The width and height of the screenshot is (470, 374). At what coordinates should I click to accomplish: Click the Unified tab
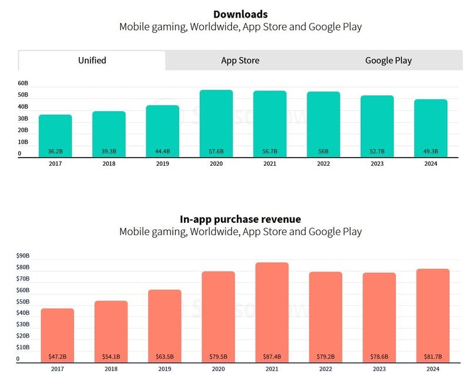click(92, 60)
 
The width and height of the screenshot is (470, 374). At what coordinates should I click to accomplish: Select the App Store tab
click(240, 60)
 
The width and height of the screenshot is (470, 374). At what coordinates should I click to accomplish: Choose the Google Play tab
click(388, 60)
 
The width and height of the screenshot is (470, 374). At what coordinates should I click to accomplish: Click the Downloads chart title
click(240, 14)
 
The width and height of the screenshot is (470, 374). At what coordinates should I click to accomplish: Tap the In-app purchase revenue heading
click(240, 219)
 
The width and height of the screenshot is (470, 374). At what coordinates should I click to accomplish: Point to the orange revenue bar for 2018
click(111, 329)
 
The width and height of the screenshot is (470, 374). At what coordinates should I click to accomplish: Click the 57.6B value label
click(216, 152)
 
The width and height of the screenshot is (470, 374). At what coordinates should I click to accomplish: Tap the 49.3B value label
click(431, 152)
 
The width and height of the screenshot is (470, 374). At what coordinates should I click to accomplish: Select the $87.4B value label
click(272, 356)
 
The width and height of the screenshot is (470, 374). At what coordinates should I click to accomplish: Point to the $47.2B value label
click(58, 356)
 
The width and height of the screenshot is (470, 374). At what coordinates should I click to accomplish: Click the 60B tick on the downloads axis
click(23, 84)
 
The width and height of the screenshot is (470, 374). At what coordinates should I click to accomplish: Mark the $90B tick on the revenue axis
click(23, 256)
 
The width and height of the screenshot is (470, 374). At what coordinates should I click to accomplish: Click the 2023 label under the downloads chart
click(377, 164)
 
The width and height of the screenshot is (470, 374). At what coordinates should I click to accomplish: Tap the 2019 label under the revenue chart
click(164, 369)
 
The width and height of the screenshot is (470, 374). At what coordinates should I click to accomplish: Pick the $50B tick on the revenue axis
click(23, 302)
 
